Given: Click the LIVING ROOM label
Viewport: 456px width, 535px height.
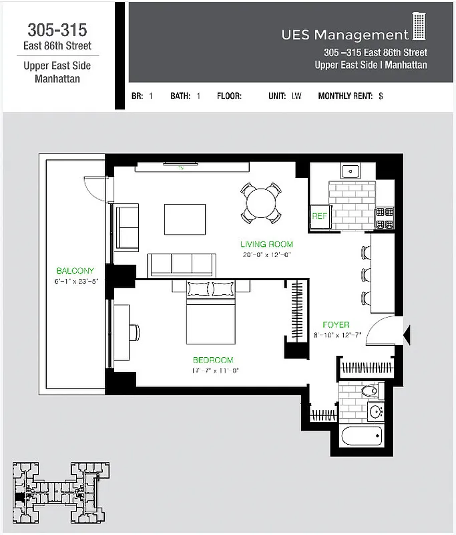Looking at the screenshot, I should coord(266,245).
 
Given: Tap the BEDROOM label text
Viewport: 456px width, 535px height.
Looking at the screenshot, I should coord(213,360).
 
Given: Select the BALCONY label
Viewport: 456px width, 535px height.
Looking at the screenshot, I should coord(75,271).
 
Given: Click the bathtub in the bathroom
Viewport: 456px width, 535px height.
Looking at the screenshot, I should coord(361,437).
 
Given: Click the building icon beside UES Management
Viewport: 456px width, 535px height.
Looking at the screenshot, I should coord(419,27).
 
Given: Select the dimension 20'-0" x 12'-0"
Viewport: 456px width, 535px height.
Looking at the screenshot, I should coord(268,254).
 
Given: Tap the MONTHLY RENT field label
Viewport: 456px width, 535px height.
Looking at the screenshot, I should coord(345,96).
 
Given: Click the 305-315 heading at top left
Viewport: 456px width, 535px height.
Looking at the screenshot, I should coord(57,30).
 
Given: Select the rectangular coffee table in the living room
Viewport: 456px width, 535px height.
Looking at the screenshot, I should coord(186,219).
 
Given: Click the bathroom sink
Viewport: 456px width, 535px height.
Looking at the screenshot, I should coord(375,410).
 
